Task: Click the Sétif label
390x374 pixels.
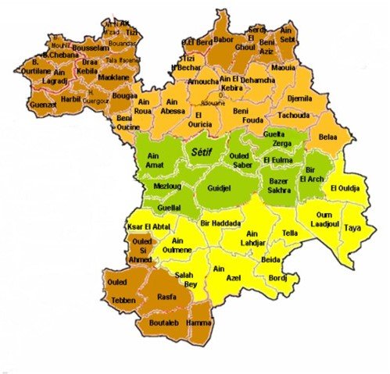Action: point(201,154)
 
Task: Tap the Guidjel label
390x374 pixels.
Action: point(220,188)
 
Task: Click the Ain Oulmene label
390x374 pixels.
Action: point(177,244)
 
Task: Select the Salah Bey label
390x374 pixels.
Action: point(184,280)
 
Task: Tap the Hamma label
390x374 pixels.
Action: point(200,322)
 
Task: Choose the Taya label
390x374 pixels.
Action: point(353,228)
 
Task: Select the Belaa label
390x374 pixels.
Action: point(327,137)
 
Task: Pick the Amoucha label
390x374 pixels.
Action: point(203,81)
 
